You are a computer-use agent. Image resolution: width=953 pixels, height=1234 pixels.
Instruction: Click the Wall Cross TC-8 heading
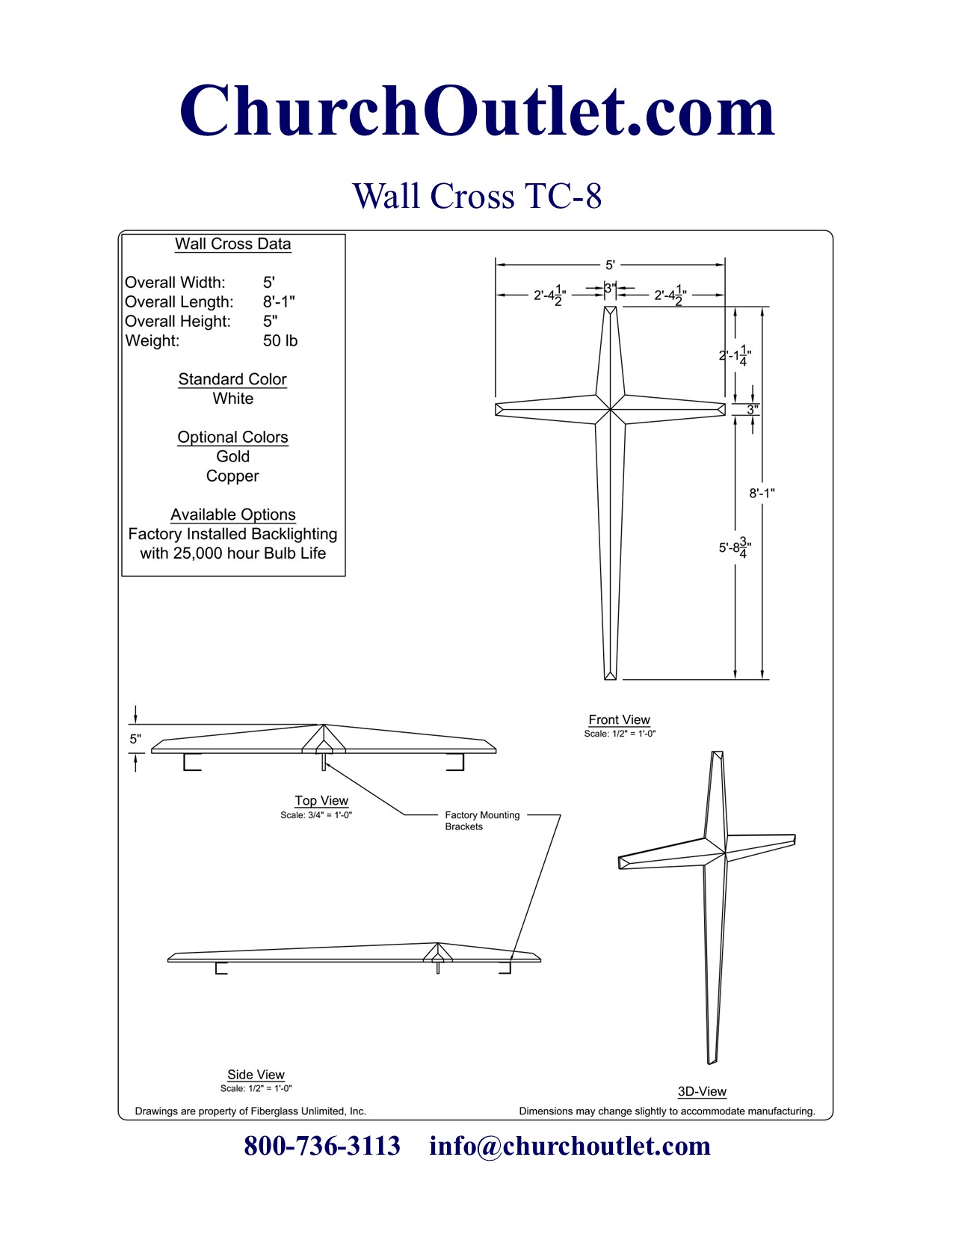[477, 196]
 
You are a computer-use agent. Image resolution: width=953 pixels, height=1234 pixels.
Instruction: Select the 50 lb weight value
[280, 341]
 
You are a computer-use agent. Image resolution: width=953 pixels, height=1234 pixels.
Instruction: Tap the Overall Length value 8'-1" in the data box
[278, 302]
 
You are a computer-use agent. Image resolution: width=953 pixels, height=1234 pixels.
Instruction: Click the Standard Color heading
[232, 379]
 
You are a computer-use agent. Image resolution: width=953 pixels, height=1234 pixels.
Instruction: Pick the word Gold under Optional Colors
[232, 456]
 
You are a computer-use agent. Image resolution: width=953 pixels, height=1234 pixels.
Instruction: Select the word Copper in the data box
[232, 476]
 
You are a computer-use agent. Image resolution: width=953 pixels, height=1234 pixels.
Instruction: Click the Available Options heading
[232, 515]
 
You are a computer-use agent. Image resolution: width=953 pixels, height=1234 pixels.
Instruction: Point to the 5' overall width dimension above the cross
[610, 265]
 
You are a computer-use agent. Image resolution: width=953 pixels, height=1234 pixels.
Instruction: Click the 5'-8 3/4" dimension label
[734, 547]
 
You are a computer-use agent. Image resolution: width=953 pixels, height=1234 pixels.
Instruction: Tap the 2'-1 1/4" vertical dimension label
[734, 356]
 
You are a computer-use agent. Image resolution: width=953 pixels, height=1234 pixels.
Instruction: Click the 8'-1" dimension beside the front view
[762, 494]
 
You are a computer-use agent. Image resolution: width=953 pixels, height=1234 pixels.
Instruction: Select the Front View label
[619, 719]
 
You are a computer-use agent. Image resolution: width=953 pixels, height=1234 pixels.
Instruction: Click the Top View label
[321, 800]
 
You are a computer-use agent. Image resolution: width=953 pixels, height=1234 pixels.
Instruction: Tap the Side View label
[256, 1075]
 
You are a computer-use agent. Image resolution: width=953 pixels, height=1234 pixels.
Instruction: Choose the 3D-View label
[702, 1092]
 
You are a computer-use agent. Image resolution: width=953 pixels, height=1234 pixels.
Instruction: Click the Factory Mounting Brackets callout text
[481, 820]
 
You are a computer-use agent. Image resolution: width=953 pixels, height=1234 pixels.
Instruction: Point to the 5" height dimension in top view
[135, 739]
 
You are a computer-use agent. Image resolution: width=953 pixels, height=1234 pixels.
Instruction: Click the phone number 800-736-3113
[322, 1146]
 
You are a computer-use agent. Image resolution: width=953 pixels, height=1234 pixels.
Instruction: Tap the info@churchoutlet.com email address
[570, 1146]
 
